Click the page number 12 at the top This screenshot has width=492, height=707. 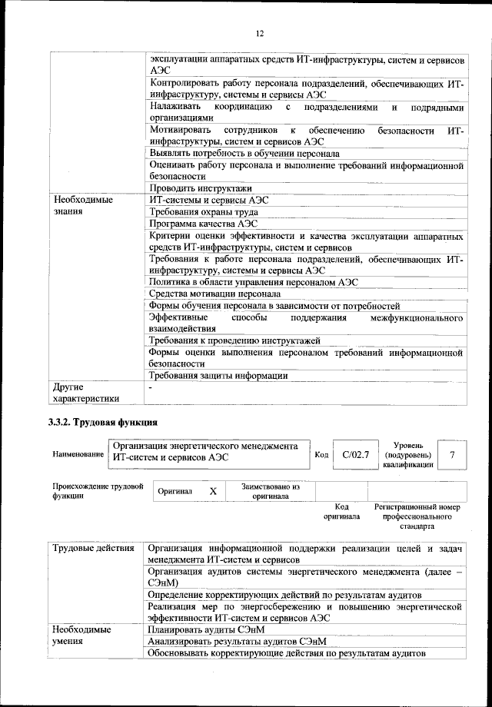point(260,33)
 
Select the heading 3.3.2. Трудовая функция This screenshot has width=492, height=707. point(103,422)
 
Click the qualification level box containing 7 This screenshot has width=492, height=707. point(452,455)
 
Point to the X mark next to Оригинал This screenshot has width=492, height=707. point(213,490)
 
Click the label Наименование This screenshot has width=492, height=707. point(78,455)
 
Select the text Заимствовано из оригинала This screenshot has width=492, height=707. point(270,491)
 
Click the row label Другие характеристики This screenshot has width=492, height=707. point(85,393)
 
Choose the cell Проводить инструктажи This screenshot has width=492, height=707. point(201,188)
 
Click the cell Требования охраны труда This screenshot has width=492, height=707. point(204,211)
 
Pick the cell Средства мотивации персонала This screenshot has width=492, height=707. point(214,294)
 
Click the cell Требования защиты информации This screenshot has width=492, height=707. point(218,376)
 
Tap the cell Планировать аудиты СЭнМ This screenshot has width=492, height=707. point(204,629)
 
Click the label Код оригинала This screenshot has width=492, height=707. point(341,512)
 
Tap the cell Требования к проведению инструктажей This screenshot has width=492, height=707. point(234,340)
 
